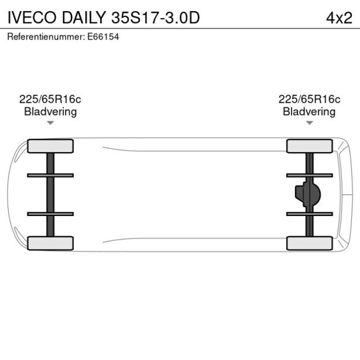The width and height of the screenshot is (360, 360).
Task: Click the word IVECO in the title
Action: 32,17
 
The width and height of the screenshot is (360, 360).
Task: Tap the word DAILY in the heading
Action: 84,17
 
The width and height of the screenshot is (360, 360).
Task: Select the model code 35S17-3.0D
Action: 156,17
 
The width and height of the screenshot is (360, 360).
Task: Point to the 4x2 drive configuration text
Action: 339,18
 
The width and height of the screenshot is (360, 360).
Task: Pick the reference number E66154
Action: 103,37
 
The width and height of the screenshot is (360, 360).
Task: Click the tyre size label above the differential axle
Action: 309,99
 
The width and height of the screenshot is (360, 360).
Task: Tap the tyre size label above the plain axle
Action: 50,99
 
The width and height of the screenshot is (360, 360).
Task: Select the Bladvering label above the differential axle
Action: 309,112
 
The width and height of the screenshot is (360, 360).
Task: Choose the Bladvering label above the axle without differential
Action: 51,112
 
